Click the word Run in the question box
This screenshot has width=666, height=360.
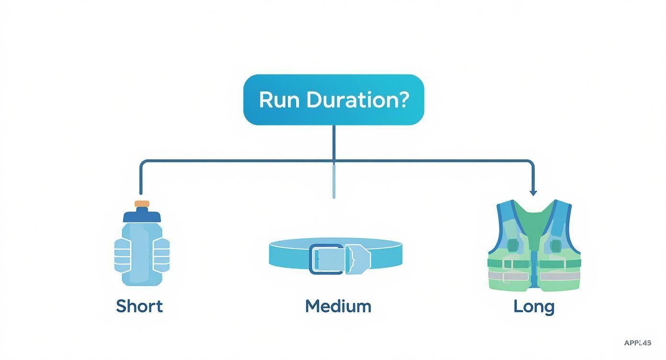click(279, 100)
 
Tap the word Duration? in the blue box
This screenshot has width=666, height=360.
click(357, 100)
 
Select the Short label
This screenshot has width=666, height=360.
click(139, 306)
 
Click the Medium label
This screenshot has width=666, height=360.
click(338, 306)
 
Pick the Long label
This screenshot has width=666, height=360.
click(533, 306)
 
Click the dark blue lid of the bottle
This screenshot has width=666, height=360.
click(142, 216)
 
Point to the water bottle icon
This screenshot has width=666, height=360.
click(142, 249)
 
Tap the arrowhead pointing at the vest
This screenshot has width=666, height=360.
click(533, 192)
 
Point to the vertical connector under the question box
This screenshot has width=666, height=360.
click(333, 143)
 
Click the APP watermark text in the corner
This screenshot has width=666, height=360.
click(637, 343)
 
